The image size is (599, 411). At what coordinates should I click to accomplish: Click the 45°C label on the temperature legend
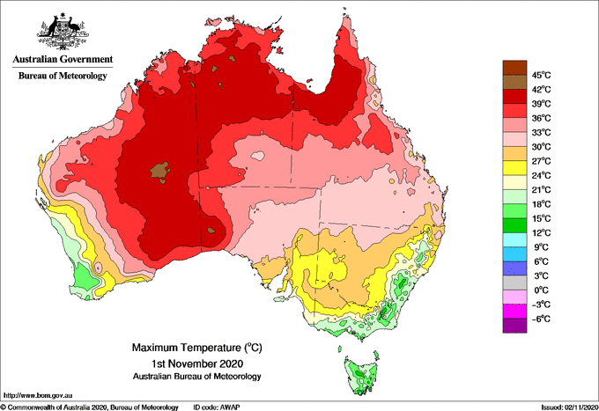[x=542, y=75]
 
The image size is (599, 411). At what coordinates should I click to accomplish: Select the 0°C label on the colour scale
[x=542, y=290]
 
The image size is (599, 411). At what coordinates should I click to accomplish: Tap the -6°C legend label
[x=542, y=319]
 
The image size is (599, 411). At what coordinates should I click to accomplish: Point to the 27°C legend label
[x=542, y=161]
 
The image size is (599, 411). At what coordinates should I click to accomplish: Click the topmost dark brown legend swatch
[x=514, y=68]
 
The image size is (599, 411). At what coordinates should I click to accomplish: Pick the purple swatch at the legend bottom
[x=514, y=326]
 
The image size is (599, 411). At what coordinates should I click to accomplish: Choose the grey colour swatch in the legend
[x=514, y=283]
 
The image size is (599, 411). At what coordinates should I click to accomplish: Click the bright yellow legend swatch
[x=514, y=168]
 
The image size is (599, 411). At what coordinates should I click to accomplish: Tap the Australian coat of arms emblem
[x=63, y=32]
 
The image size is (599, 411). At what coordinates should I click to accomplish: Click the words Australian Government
[x=63, y=59]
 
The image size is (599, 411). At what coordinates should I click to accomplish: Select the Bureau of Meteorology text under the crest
[x=63, y=76]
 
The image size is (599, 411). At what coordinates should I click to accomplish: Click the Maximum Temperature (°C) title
[x=197, y=348]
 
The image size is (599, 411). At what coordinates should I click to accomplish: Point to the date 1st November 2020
[x=197, y=363]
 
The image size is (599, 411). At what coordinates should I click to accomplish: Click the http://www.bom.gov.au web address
[x=38, y=395]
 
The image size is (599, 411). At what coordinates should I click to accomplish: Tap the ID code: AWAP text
[x=217, y=407]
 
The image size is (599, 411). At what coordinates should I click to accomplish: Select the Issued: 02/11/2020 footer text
[x=570, y=407]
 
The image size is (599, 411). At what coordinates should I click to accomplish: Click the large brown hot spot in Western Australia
[x=159, y=171]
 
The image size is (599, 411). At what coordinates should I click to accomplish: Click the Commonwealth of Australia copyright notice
[x=90, y=407]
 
